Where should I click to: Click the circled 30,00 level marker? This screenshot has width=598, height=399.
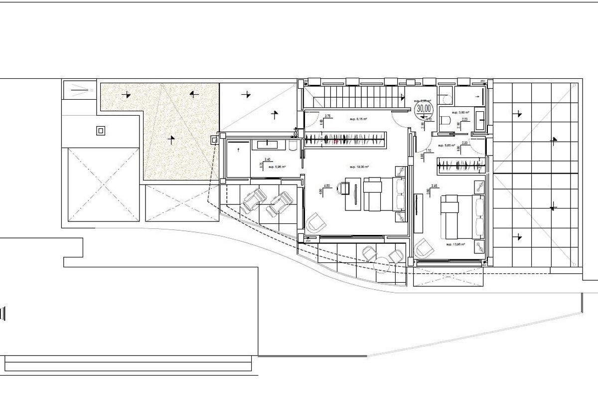point(424,108)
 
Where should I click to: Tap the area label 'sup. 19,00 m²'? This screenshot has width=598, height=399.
point(359,167)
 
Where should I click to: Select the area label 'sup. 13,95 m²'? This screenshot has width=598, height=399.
point(455,244)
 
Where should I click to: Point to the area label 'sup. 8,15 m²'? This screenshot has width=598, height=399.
point(359,119)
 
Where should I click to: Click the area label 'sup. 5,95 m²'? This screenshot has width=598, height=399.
point(277,167)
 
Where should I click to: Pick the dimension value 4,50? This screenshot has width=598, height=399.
point(327,186)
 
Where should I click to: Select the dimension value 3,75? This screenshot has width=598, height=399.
point(328,116)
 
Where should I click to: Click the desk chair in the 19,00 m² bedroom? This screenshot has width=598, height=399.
point(343,188)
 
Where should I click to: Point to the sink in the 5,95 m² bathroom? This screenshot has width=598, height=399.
point(268,144)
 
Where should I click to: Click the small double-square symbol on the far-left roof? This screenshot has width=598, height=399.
point(101,131)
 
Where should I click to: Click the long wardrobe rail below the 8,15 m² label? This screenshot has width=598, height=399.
point(345,140)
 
